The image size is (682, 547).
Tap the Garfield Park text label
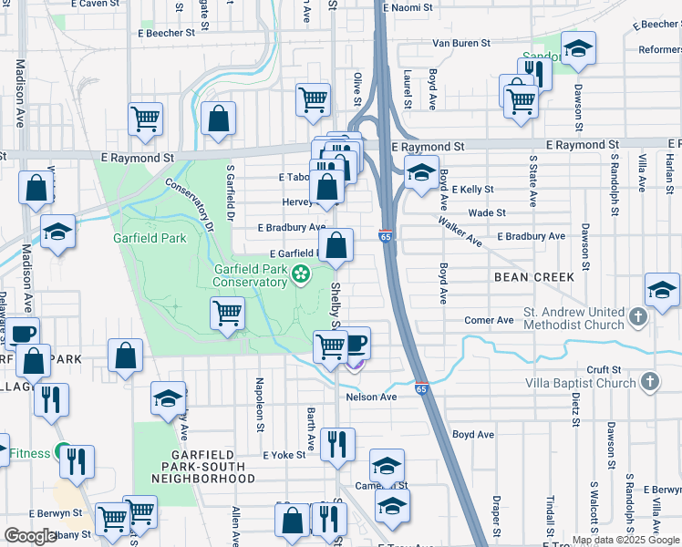point(150,238)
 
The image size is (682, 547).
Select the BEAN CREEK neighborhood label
point(534,276)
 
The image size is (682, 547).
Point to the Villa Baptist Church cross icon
point(648,382)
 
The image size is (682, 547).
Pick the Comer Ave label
point(490,320)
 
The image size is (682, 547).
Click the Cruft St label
point(603,369)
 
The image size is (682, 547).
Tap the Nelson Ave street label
point(371,397)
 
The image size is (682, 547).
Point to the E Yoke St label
point(284,454)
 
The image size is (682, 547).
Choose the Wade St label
point(487,212)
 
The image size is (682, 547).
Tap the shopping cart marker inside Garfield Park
point(227,314)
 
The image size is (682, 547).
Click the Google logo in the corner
point(30,536)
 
